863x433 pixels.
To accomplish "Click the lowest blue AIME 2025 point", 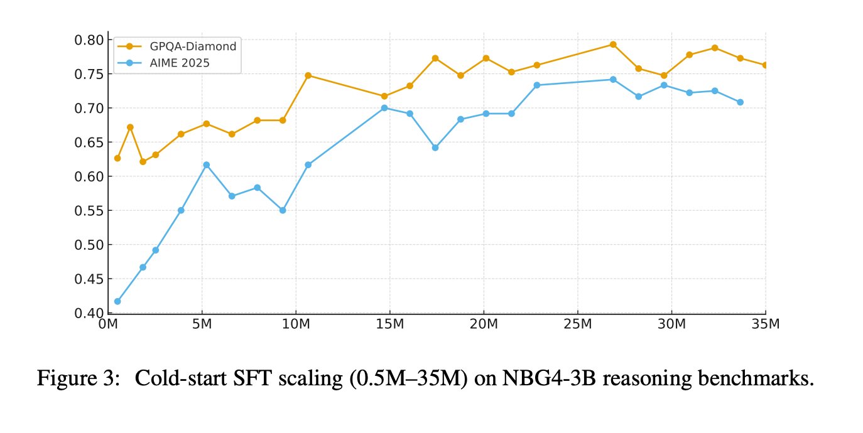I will [x=117, y=301].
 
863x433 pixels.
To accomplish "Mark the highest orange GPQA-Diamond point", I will [x=613, y=45].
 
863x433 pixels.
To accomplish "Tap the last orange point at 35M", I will [x=765, y=65].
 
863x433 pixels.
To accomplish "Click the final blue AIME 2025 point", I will [x=740, y=102].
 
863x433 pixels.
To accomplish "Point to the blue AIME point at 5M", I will [x=206, y=164].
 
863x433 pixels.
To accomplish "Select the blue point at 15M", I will [x=384, y=108].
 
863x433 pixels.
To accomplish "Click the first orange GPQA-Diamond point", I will [x=117, y=158].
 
